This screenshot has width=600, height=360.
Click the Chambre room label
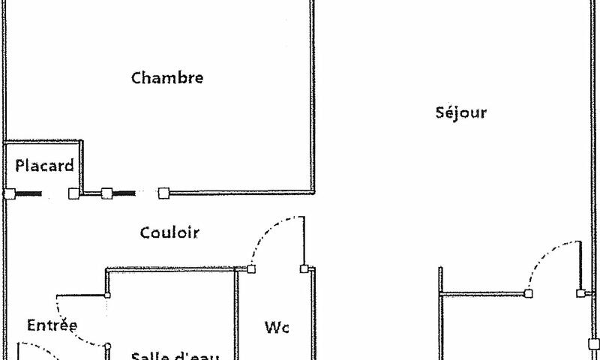pyautogui.click(x=167, y=77)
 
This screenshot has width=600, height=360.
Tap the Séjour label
pyautogui.click(x=461, y=113)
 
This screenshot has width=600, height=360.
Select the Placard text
pyautogui.click(x=45, y=166)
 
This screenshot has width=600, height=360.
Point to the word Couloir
pyautogui.click(x=169, y=232)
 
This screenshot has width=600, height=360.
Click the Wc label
pyautogui.click(x=277, y=327)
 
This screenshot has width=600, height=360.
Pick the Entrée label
pyautogui.click(x=52, y=325)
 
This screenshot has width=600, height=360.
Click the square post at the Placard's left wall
pyautogui.click(x=8, y=193)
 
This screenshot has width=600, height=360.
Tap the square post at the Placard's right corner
pyautogui.click(x=73, y=193)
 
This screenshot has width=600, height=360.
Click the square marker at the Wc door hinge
pyautogui.click(x=251, y=268)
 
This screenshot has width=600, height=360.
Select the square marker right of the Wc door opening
pyautogui.click(x=304, y=268)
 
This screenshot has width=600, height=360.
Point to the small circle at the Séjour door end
pyautogui.click(x=528, y=293)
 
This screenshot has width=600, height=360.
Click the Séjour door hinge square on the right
pyautogui.click(x=580, y=293)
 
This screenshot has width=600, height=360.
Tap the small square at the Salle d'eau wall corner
pyautogui.click(x=107, y=295)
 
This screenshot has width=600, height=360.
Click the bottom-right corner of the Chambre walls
pyautogui.click(x=312, y=192)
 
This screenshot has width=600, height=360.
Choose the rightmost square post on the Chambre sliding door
pyautogui.click(x=163, y=193)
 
